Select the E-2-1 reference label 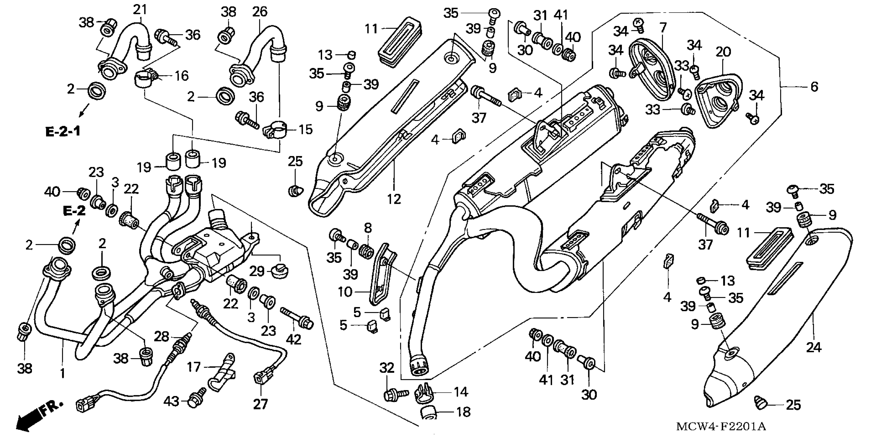point(63,131)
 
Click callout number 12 point(394,199)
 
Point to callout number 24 point(813,348)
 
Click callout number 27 point(260,404)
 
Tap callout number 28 point(161,337)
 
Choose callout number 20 point(723,52)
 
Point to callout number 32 point(387,368)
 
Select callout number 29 point(257,271)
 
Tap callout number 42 point(294,339)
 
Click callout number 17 point(194,367)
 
